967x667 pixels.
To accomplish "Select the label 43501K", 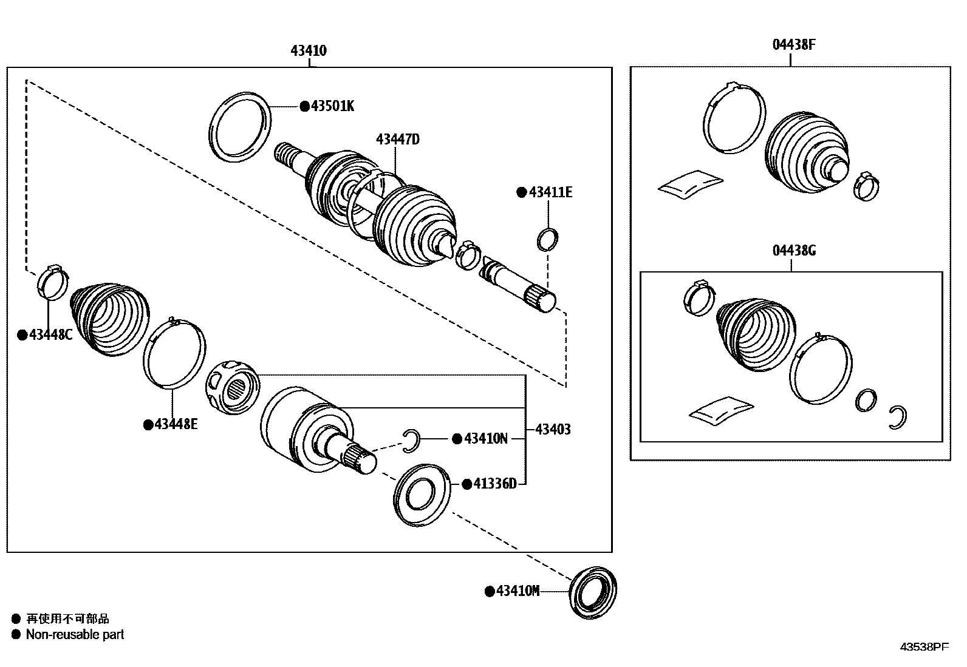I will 332,106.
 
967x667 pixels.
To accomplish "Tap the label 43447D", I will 397,140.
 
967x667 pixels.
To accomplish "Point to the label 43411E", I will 550,192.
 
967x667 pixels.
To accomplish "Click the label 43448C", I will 50,335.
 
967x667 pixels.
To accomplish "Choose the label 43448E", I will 176,424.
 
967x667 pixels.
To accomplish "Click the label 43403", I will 553,430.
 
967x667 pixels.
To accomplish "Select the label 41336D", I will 494,484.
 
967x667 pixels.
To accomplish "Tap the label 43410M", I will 517,591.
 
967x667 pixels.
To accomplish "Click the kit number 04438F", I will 794,45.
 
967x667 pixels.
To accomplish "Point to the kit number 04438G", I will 794,251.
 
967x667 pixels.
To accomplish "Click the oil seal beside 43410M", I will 593,591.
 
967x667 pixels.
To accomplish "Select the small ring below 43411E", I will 547,239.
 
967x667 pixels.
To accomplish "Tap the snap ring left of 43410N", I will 412,440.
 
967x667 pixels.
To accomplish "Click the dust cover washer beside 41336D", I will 422,495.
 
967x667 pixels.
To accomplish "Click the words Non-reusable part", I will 75,635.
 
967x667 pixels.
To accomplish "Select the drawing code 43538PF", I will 923,647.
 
